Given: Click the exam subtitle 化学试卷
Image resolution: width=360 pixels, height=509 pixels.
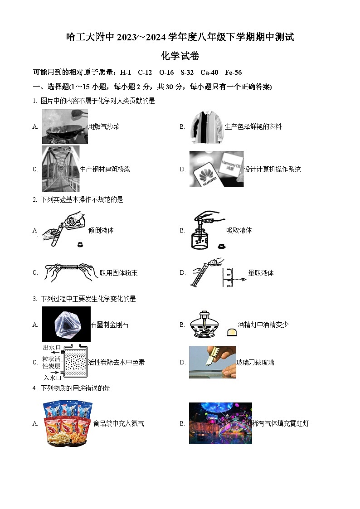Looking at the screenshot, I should [x=180, y=56].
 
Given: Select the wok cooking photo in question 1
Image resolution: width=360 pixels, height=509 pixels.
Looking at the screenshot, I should [x=65, y=126].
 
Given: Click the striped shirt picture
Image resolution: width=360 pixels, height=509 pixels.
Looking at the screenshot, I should [x=207, y=126].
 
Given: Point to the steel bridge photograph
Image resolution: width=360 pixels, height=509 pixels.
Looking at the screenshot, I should [x=60, y=169].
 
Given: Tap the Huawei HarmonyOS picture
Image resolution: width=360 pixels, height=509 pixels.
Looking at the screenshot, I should [x=216, y=169].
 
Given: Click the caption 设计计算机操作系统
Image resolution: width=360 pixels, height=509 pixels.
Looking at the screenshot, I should [x=272, y=169].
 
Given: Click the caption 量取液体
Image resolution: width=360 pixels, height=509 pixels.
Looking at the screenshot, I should [x=261, y=273].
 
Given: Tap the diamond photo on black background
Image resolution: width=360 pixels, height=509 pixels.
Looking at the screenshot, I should [x=66, y=324].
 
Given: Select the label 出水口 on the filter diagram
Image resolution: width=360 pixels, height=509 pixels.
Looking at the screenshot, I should [x=52, y=348].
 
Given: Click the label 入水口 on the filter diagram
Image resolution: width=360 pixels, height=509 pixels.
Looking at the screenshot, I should [x=52, y=377].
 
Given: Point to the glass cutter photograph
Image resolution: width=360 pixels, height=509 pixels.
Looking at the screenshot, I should [x=212, y=362].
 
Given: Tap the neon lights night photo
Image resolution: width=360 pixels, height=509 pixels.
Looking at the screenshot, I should [x=220, y=423].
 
